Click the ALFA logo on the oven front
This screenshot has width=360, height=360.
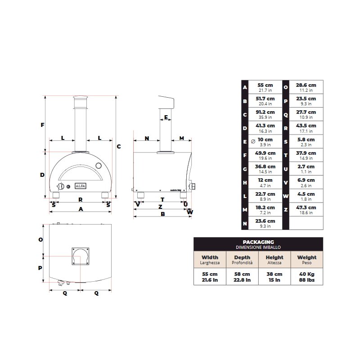click(x=81, y=186)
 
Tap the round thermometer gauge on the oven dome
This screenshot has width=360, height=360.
click(x=99, y=166)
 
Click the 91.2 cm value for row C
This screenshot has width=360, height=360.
click(x=265, y=112)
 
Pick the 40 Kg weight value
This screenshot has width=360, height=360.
click(x=307, y=274)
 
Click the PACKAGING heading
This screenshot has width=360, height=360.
click(x=258, y=242)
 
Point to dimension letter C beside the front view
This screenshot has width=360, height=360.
click(x=119, y=147)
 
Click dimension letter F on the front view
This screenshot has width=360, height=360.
click(x=42, y=125)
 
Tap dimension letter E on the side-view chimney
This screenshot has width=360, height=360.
click(x=166, y=117)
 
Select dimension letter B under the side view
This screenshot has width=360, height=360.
click(x=163, y=214)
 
